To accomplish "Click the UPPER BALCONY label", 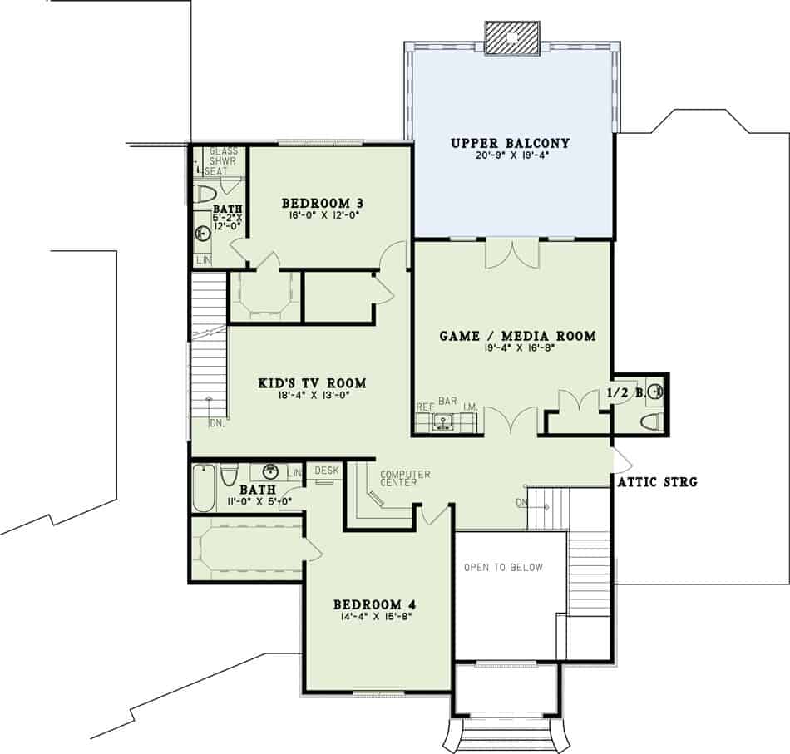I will click(x=510, y=143).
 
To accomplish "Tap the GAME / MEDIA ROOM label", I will click(x=517, y=336).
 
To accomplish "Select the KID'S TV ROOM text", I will click(x=312, y=383).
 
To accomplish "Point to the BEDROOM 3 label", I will click(x=323, y=203).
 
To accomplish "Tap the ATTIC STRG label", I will click(x=657, y=481).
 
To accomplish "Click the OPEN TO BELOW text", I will click(x=503, y=568).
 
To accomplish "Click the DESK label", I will click(x=328, y=471).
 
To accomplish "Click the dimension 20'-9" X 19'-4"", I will click(x=510, y=155).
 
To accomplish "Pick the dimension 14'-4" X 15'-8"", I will click(x=377, y=617).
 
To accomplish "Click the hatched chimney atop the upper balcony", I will click(x=513, y=37).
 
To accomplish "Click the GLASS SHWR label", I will click(x=223, y=156).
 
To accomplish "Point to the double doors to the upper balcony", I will click(x=512, y=254).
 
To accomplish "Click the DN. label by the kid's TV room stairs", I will click(x=216, y=423).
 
